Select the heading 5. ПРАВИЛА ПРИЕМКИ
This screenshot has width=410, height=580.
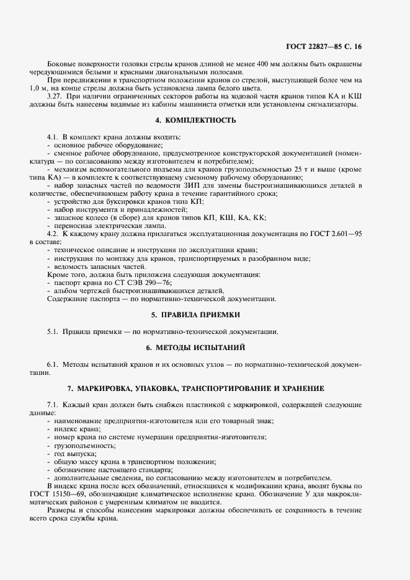(x=205, y=315)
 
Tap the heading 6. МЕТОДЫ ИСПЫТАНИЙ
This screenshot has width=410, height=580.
(x=205, y=347)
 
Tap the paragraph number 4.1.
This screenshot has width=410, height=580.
(x=53, y=136)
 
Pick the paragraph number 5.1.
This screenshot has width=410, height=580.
(x=53, y=331)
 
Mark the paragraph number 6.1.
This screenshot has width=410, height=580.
(x=53, y=363)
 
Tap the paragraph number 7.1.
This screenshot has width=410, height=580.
(x=53, y=405)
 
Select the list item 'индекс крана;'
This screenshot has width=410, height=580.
(x=78, y=429)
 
